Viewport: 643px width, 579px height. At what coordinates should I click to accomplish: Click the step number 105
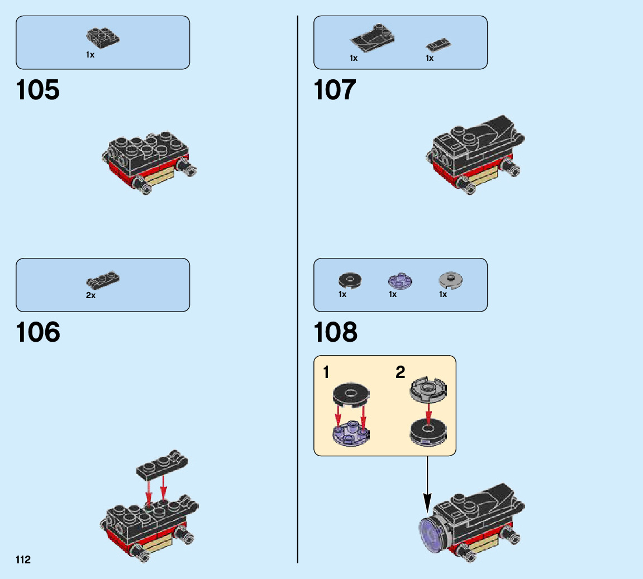tap(38, 90)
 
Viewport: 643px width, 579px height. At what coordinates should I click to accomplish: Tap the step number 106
tap(38, 333)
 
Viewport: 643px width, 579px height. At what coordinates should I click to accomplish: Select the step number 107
tap(335, 90)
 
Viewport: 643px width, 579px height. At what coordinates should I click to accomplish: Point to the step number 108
tap(336, 333)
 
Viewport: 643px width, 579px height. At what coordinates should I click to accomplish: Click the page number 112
tap(23, 560)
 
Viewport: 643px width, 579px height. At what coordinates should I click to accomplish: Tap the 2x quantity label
tap(91, 295)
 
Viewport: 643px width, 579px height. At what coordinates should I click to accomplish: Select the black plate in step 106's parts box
tap(104, 279)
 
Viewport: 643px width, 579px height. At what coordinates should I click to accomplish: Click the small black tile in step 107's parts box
tap(439, 45)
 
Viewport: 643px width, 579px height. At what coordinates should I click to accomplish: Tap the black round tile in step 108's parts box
tap(350, 279)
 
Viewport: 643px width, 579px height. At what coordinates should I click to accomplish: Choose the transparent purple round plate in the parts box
tap(399, 280)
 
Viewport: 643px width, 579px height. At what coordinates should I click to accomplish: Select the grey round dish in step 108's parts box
tap(452, 279)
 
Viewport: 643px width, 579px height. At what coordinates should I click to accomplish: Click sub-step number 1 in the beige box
tap(326, 372)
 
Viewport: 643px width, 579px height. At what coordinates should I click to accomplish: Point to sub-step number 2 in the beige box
tap(400, 372)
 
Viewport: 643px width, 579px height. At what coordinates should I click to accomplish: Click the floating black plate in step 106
tap(162, 465)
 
